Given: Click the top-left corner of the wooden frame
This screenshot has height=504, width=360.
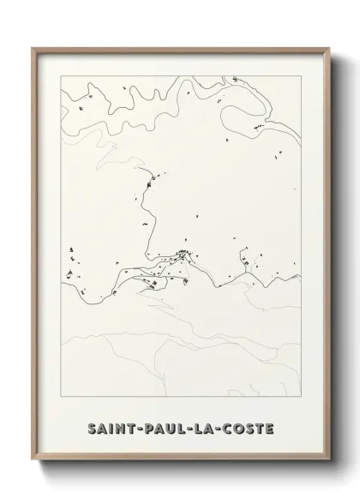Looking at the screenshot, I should tap(32, 48).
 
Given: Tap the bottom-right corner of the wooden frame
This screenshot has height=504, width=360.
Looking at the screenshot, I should tap(327, 473).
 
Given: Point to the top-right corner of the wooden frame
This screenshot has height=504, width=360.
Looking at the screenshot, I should tap(327, 48).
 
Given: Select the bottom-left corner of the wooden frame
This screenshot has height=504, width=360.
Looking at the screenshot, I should tap(32, 473).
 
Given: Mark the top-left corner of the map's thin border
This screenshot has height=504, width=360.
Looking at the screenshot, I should tap(61, 75).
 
